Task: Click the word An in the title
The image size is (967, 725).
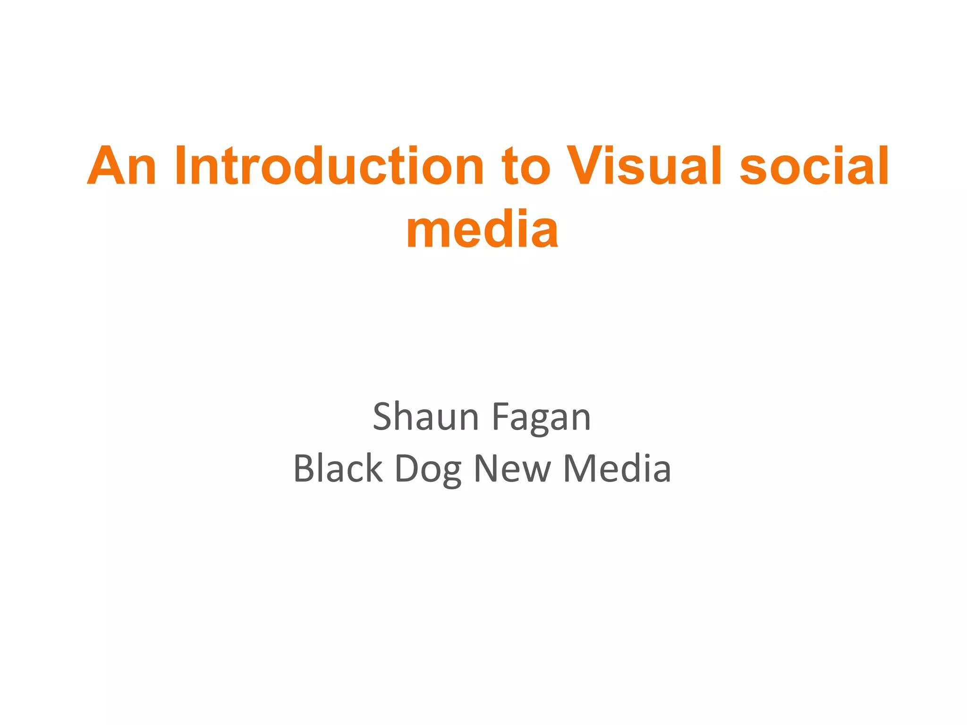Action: tap(122, 166)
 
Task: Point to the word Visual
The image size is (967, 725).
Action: tap(645, 166)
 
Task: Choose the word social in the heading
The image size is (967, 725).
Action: tap(814, 166)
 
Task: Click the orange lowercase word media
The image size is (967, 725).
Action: tap(482, 230)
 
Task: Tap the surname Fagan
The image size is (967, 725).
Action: tap(541, 417)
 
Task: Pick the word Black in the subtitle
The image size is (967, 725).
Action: tap(338, 469)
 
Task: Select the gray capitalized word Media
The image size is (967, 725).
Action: tap(617, 469)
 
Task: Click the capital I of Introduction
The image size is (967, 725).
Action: tap(179, 166)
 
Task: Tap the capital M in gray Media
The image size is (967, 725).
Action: tap(580, 469)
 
